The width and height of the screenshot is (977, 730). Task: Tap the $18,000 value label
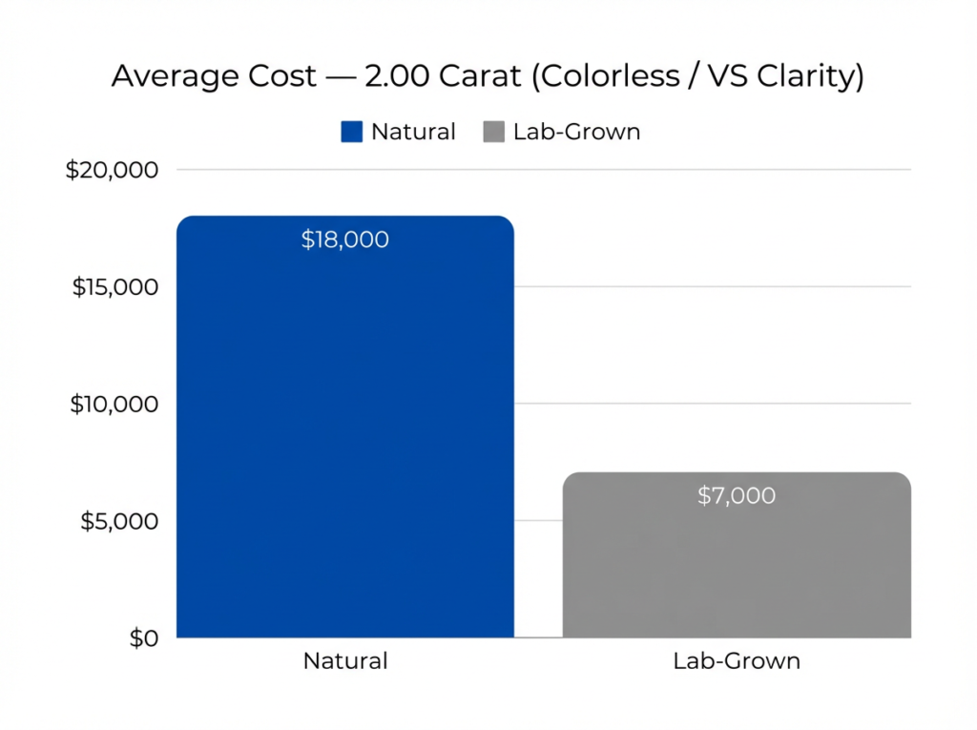[345, 240]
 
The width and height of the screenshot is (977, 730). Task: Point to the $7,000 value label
[737, 495]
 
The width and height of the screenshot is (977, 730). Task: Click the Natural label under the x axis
[345, 660]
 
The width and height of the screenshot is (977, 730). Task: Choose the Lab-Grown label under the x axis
[737, 660]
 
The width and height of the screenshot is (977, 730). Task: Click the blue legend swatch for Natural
[352, 132]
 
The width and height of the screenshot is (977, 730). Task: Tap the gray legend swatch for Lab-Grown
[493, 132]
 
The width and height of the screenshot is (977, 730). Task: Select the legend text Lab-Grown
[576, 132]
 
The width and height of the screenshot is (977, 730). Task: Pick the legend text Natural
[413, 132]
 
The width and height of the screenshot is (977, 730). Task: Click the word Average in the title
[164, 76]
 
